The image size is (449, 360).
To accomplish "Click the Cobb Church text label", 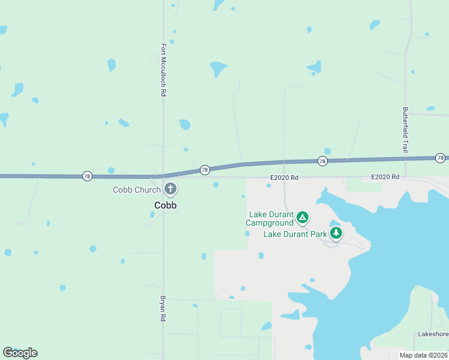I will pos(137,190).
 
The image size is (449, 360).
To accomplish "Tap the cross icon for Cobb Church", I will pos(170,190).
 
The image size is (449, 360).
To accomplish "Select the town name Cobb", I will pos(166,205).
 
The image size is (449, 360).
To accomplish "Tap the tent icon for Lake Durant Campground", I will pos(303,217).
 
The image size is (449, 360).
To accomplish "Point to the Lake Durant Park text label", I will pos(295,233).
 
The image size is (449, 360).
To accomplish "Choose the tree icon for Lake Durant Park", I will pos(336,233).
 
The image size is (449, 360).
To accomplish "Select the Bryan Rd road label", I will pos(163,308).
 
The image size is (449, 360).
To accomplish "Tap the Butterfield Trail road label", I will pos(406,130).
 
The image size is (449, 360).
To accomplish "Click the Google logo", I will pos(20,352).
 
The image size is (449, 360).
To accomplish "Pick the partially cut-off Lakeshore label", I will pos(433,334).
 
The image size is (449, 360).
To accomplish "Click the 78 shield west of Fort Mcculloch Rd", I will pos(88,176).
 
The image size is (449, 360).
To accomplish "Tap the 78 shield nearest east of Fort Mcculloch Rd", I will pos(205,170).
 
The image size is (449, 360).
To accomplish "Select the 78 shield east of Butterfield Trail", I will pos(441,158).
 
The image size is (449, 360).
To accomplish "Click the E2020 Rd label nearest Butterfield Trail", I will pos(385,177).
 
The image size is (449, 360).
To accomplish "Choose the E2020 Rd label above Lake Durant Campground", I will pos(284,178).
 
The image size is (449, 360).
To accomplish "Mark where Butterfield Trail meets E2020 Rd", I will pos(406,178).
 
